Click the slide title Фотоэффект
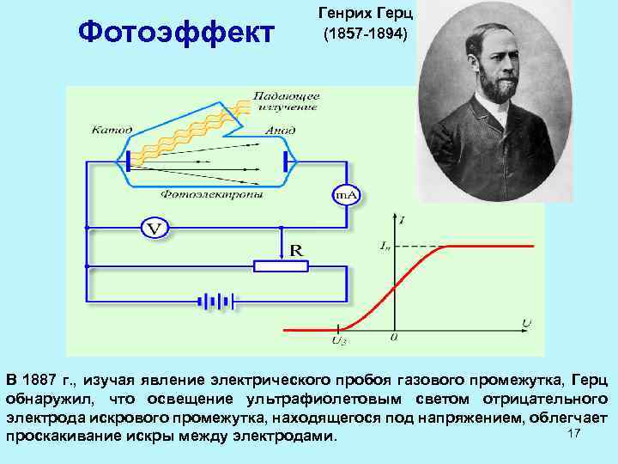[174, 34]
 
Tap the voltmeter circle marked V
[154, 229]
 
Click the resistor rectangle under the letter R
[281, 266]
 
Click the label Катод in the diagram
[112, 130]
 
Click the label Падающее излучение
[286, 101]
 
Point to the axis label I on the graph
[403, 222]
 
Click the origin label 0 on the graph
[393, 338]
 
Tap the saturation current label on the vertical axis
[385, 246]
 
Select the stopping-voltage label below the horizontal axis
[338, 341]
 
